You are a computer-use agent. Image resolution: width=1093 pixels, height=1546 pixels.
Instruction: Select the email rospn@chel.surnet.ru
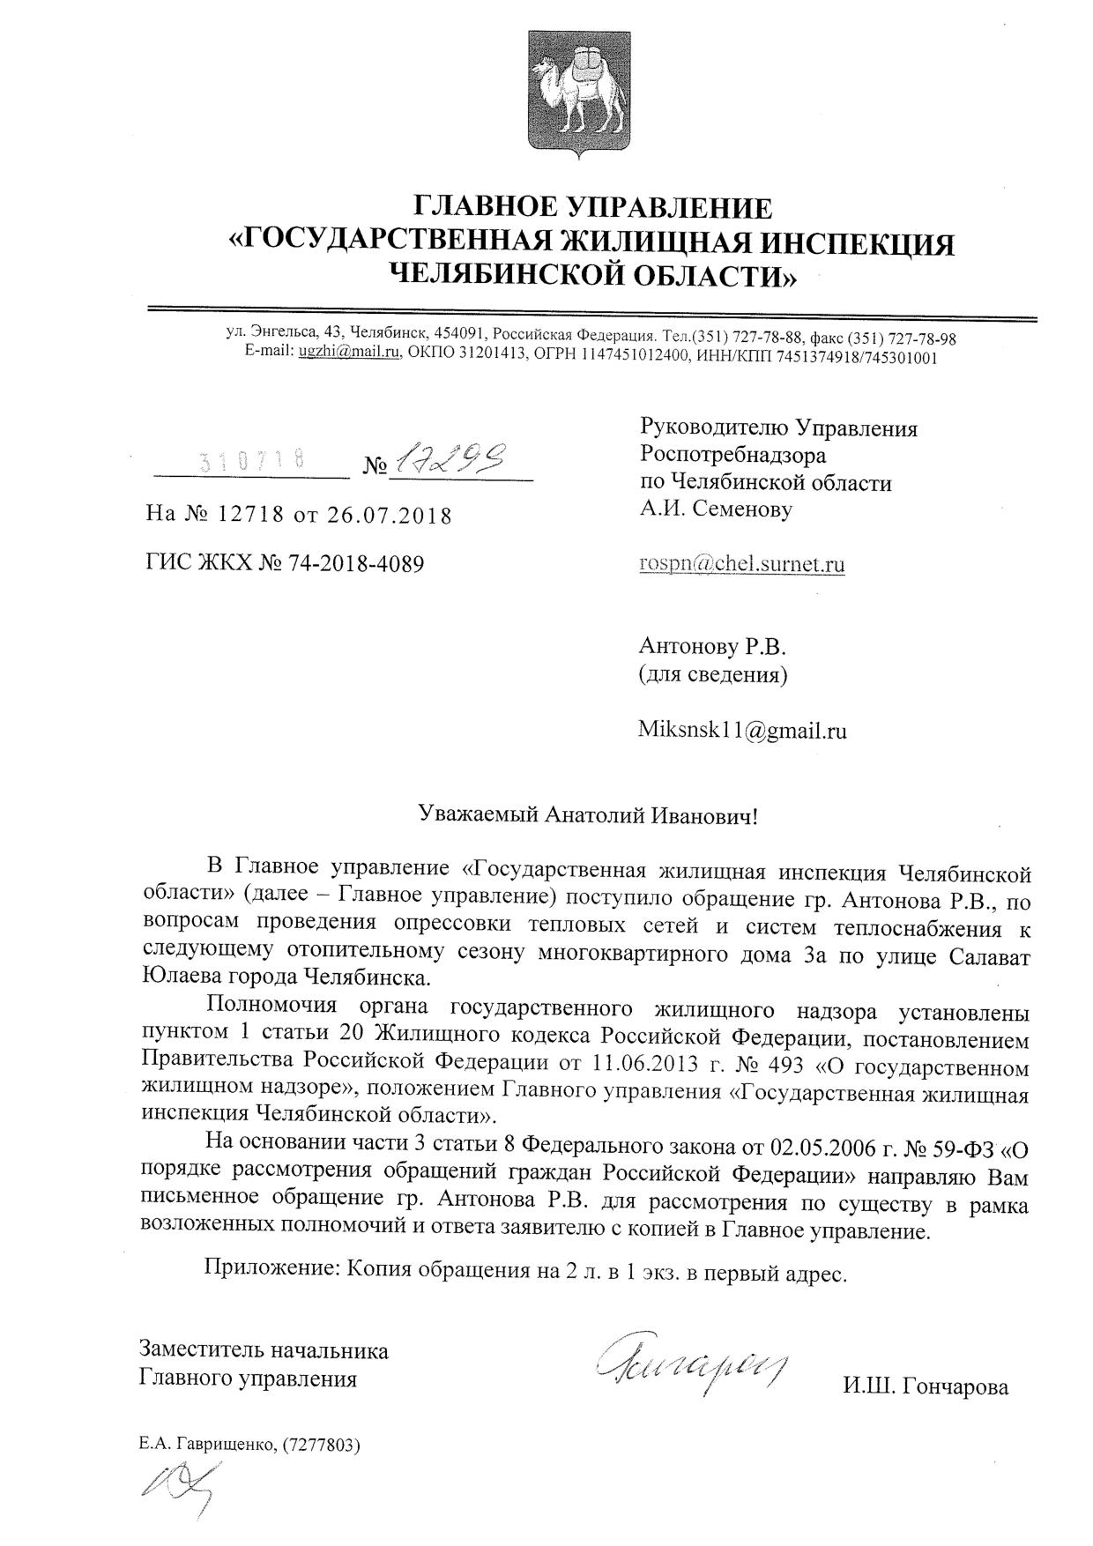[741, 564]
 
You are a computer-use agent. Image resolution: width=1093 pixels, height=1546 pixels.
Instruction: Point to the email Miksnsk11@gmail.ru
[742, 730]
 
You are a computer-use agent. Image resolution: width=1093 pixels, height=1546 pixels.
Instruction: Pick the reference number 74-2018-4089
[356, 562]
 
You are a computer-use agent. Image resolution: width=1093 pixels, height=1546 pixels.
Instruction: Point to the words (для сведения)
[712, 675]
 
